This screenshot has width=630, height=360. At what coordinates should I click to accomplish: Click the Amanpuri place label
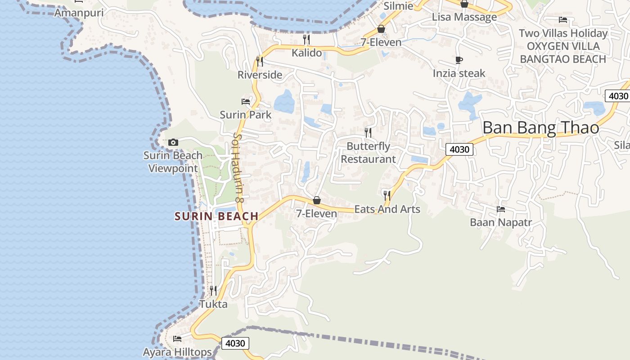[x=79, y=13]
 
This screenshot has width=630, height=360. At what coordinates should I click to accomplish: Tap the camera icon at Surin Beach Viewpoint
[x=173, y=143]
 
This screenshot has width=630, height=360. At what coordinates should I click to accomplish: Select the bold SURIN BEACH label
[x=216, y=216]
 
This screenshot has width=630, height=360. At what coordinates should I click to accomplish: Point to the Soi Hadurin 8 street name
[x=238, y=167]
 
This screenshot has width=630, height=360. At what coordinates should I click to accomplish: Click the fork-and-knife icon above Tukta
[x=213, y=291]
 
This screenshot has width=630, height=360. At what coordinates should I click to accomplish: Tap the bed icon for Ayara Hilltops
[x=177, y=338]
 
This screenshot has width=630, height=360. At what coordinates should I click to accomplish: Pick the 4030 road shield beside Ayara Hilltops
[x=235, y=343]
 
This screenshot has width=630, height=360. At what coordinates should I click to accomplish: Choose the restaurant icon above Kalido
[x=306, y=40]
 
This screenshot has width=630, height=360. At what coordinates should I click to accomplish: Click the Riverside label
[x=260, y=75]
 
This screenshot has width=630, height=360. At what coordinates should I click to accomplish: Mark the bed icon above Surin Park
[x=246, y=102]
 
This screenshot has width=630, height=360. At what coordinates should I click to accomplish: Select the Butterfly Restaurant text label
[x=368, y=153]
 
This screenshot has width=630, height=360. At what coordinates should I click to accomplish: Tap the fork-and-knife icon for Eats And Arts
[x=387, y=195]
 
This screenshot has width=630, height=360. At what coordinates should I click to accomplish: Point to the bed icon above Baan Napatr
[x=500, y=209]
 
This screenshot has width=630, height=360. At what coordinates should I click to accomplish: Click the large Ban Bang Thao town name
[x=540, y=128]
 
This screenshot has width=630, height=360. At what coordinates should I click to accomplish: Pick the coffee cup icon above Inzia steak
[x=459, y=60]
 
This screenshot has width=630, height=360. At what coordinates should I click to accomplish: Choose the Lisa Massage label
[x=464, y=17]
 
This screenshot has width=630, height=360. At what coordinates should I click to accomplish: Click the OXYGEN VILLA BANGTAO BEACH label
[x=563, y=53]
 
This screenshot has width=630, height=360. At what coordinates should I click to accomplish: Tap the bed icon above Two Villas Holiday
[x=562, y=20]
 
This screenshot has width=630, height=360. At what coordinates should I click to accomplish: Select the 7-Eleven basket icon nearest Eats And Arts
[x=317, y=200]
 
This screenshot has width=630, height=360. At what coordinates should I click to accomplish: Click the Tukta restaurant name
[x=213, y=304]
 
